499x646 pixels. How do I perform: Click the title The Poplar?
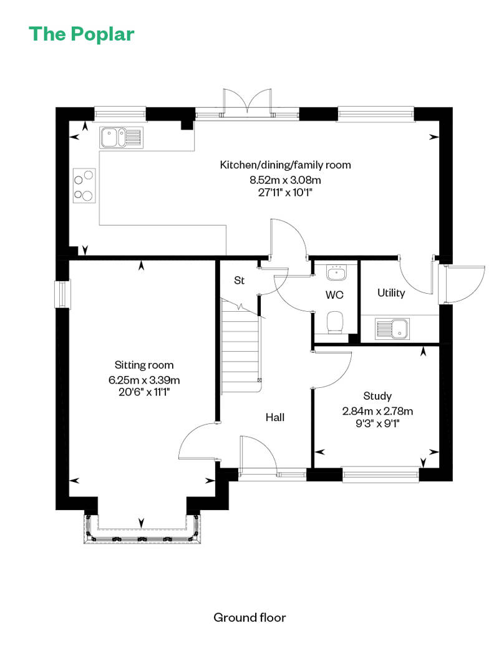point(82,34)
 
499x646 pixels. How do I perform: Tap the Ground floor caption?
point(249,617)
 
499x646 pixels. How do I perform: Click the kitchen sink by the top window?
point(121,137)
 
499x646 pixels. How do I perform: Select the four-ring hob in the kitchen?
point(84,185)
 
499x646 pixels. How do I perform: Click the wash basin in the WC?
point(337,272)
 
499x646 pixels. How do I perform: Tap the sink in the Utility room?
point(392,329)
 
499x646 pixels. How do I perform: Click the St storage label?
point(239,281)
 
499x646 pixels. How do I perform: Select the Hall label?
point(275,417)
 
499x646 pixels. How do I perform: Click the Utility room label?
point(391,293)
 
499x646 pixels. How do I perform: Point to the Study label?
point(377,397)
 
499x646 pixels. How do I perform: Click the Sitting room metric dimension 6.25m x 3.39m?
point(144,380)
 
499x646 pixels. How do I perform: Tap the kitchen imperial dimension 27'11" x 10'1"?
point(285,193)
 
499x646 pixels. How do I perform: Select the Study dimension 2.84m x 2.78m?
point(377,411)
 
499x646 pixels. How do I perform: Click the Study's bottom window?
point(380,474)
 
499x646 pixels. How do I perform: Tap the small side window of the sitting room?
point(62,294)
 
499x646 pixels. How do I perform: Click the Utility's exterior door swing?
point(462,285)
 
